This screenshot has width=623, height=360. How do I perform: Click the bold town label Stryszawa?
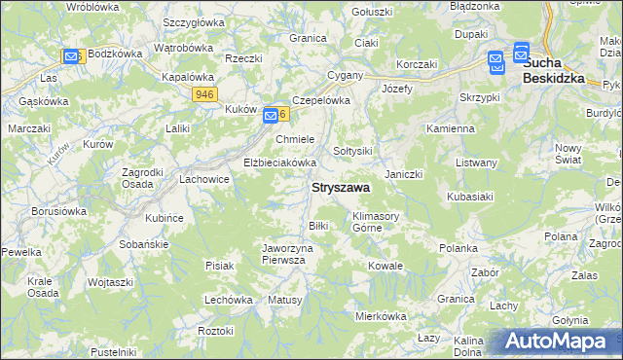click(339, 188)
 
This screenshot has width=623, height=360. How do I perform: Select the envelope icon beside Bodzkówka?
click(71, 56)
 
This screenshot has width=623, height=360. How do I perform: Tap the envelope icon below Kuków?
click(271, 117)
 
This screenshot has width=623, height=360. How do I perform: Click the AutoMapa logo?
click(558, 342)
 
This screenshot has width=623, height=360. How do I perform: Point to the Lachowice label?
click(204, 179)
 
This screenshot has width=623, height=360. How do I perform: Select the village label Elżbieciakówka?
click(280, 162)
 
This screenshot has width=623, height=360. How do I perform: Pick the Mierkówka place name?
click(380, 316)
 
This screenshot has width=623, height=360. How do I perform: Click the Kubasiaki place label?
click(472, 198)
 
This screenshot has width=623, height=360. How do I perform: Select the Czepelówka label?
click(320, 100)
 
